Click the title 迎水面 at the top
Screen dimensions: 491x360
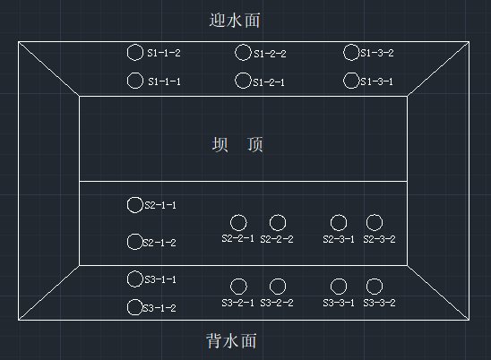pyautogui.click(x=235, y=21)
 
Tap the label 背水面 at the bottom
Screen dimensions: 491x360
pyautogui.click(x=231, y=341)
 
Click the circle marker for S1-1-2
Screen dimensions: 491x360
pyautogui.click(x=127, y=52)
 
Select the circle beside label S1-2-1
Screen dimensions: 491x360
pyautogui.click(x=235, y=81)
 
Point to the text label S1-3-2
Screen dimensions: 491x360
pyautogui.click(x=376, y=53)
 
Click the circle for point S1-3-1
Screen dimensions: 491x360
pyautogui.click(x=343, y=81)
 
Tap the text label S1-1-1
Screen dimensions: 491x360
pyautogui.click(x=164, y=81)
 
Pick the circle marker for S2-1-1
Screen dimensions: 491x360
pyautogui.click(x=127, y=205)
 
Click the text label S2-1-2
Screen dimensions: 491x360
pyautogui.click(x=159, y=243)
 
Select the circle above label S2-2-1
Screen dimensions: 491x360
pyautogui.click(x=230, y=223)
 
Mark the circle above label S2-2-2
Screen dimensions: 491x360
pyautogui.click(x=270, y=223)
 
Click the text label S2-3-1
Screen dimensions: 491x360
pyautogui.click(x=339, y=239)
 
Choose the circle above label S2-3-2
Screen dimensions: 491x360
pyautogui.click(x=366, y=223)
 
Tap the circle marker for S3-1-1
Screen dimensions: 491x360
pyautogui.click(x=127, y=279)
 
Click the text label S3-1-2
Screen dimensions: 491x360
pyautogui.click(x=159, y=308)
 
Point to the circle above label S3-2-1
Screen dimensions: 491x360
pyautogui.click(x=230, y=287)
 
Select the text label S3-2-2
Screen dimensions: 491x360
pyautogui.click(x=277, y=303)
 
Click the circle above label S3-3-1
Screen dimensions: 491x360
pyautogui.click(x=331, y=287)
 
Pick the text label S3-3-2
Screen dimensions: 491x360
pyautogui.click(x=379, y=303)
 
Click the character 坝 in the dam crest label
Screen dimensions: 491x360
pyautogui.click(x=220, y=144)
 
